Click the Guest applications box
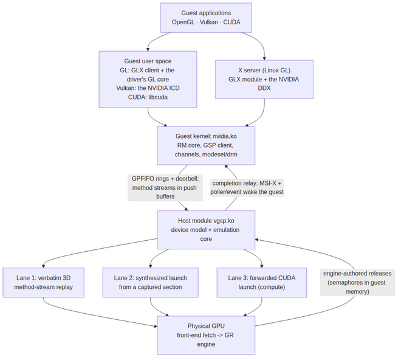coord(206,18)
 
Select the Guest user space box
coord(148,79)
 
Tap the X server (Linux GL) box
coord(264,79)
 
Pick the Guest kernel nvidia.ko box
coord(206,145)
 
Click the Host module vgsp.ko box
coord(206,230)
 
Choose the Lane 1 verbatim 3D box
coord(44,282)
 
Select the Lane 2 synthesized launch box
coord(151,282)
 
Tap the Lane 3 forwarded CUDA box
coord(262,282)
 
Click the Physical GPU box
coord(206,335)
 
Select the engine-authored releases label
coord(357,282)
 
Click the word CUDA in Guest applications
coord(231,22)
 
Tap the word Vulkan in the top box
coord(208,22)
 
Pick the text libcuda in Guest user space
coord(158,97)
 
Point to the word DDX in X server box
coord(264,88)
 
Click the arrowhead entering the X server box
coord(264,58)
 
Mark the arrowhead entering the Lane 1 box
coord(44,266)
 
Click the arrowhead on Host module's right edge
coord(257,240)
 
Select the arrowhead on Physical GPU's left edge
coord(155,326)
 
